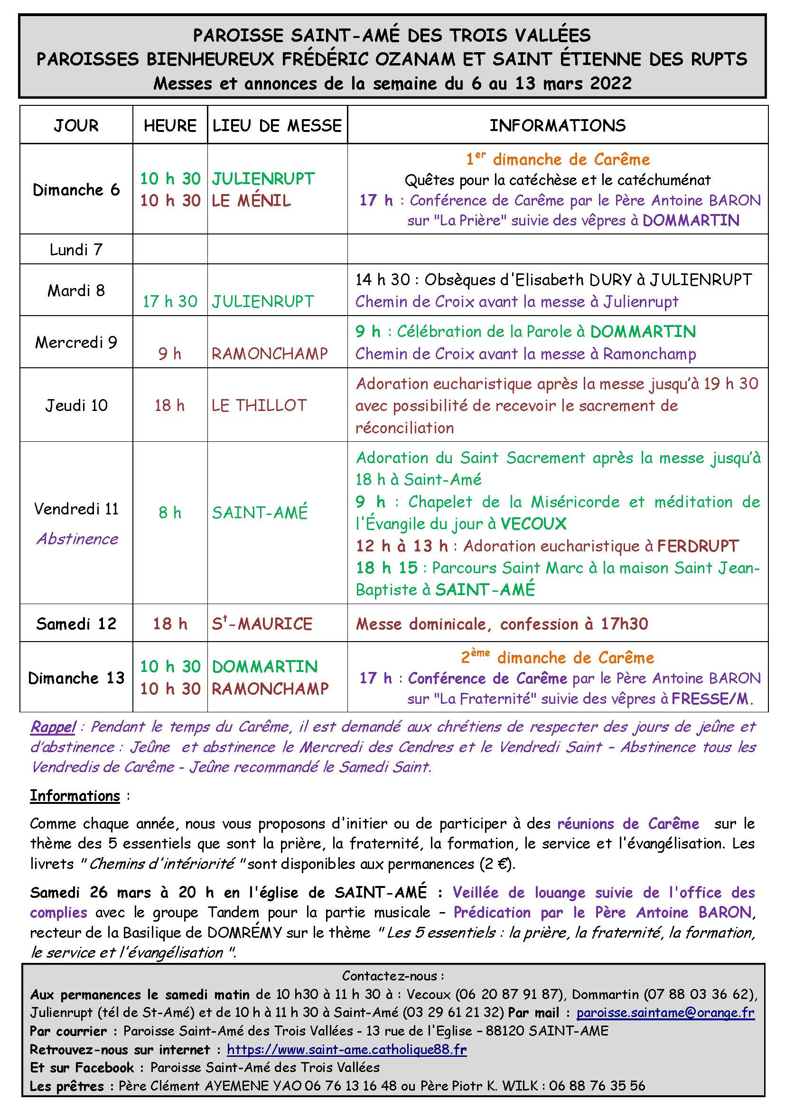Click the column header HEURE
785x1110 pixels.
(169, 126)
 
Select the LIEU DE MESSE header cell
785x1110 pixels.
(277, 126)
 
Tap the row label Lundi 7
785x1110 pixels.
(76, 250)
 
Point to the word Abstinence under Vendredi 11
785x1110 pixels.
(77, 539)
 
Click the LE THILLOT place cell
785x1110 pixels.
(259, 405)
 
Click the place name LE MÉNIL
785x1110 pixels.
(252, 201)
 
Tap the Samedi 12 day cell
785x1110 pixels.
(76, 624)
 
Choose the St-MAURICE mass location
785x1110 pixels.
(262, 624)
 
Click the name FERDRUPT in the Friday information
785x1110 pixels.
(698, 546)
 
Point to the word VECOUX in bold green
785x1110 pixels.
(533, 524)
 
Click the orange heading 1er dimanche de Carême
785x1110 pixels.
(558, 159)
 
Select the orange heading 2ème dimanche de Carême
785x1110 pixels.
(557, 657)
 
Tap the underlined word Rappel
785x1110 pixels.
(53, 727)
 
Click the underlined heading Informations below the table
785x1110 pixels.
(75, 796)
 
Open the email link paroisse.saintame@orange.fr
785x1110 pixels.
(665, 1013)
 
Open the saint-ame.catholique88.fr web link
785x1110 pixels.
(346, 1050)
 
